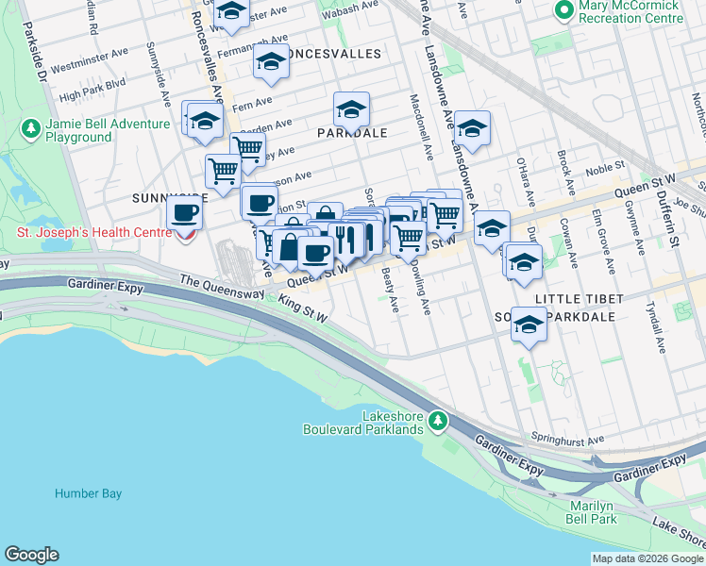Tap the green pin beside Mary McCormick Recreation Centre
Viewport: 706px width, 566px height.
(564, 11)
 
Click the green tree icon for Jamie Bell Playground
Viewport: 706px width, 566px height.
(30, 127)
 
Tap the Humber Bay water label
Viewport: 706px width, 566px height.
(83, 492)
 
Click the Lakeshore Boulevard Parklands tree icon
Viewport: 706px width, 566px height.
(437, 421)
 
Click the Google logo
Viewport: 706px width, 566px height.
(31, 554)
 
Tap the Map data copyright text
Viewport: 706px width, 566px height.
(646, 558)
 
